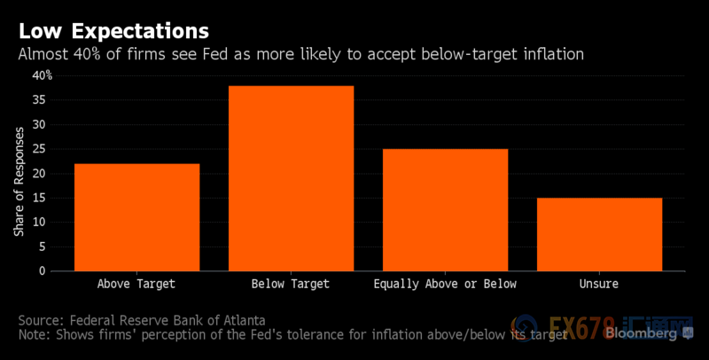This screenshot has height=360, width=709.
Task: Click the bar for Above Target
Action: pos(136,217)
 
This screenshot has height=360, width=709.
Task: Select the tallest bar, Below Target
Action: pos(291,178)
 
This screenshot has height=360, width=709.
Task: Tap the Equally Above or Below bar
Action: pos(445,209)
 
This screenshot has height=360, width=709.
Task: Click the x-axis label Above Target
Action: pos(136,284)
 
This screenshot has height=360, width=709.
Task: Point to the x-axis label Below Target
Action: pos(291,284)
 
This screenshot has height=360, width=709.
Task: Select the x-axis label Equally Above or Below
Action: pos(445,284)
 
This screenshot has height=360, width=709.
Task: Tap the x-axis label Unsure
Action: pos(599,284)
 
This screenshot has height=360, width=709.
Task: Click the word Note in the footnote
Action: pos(32,335)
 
